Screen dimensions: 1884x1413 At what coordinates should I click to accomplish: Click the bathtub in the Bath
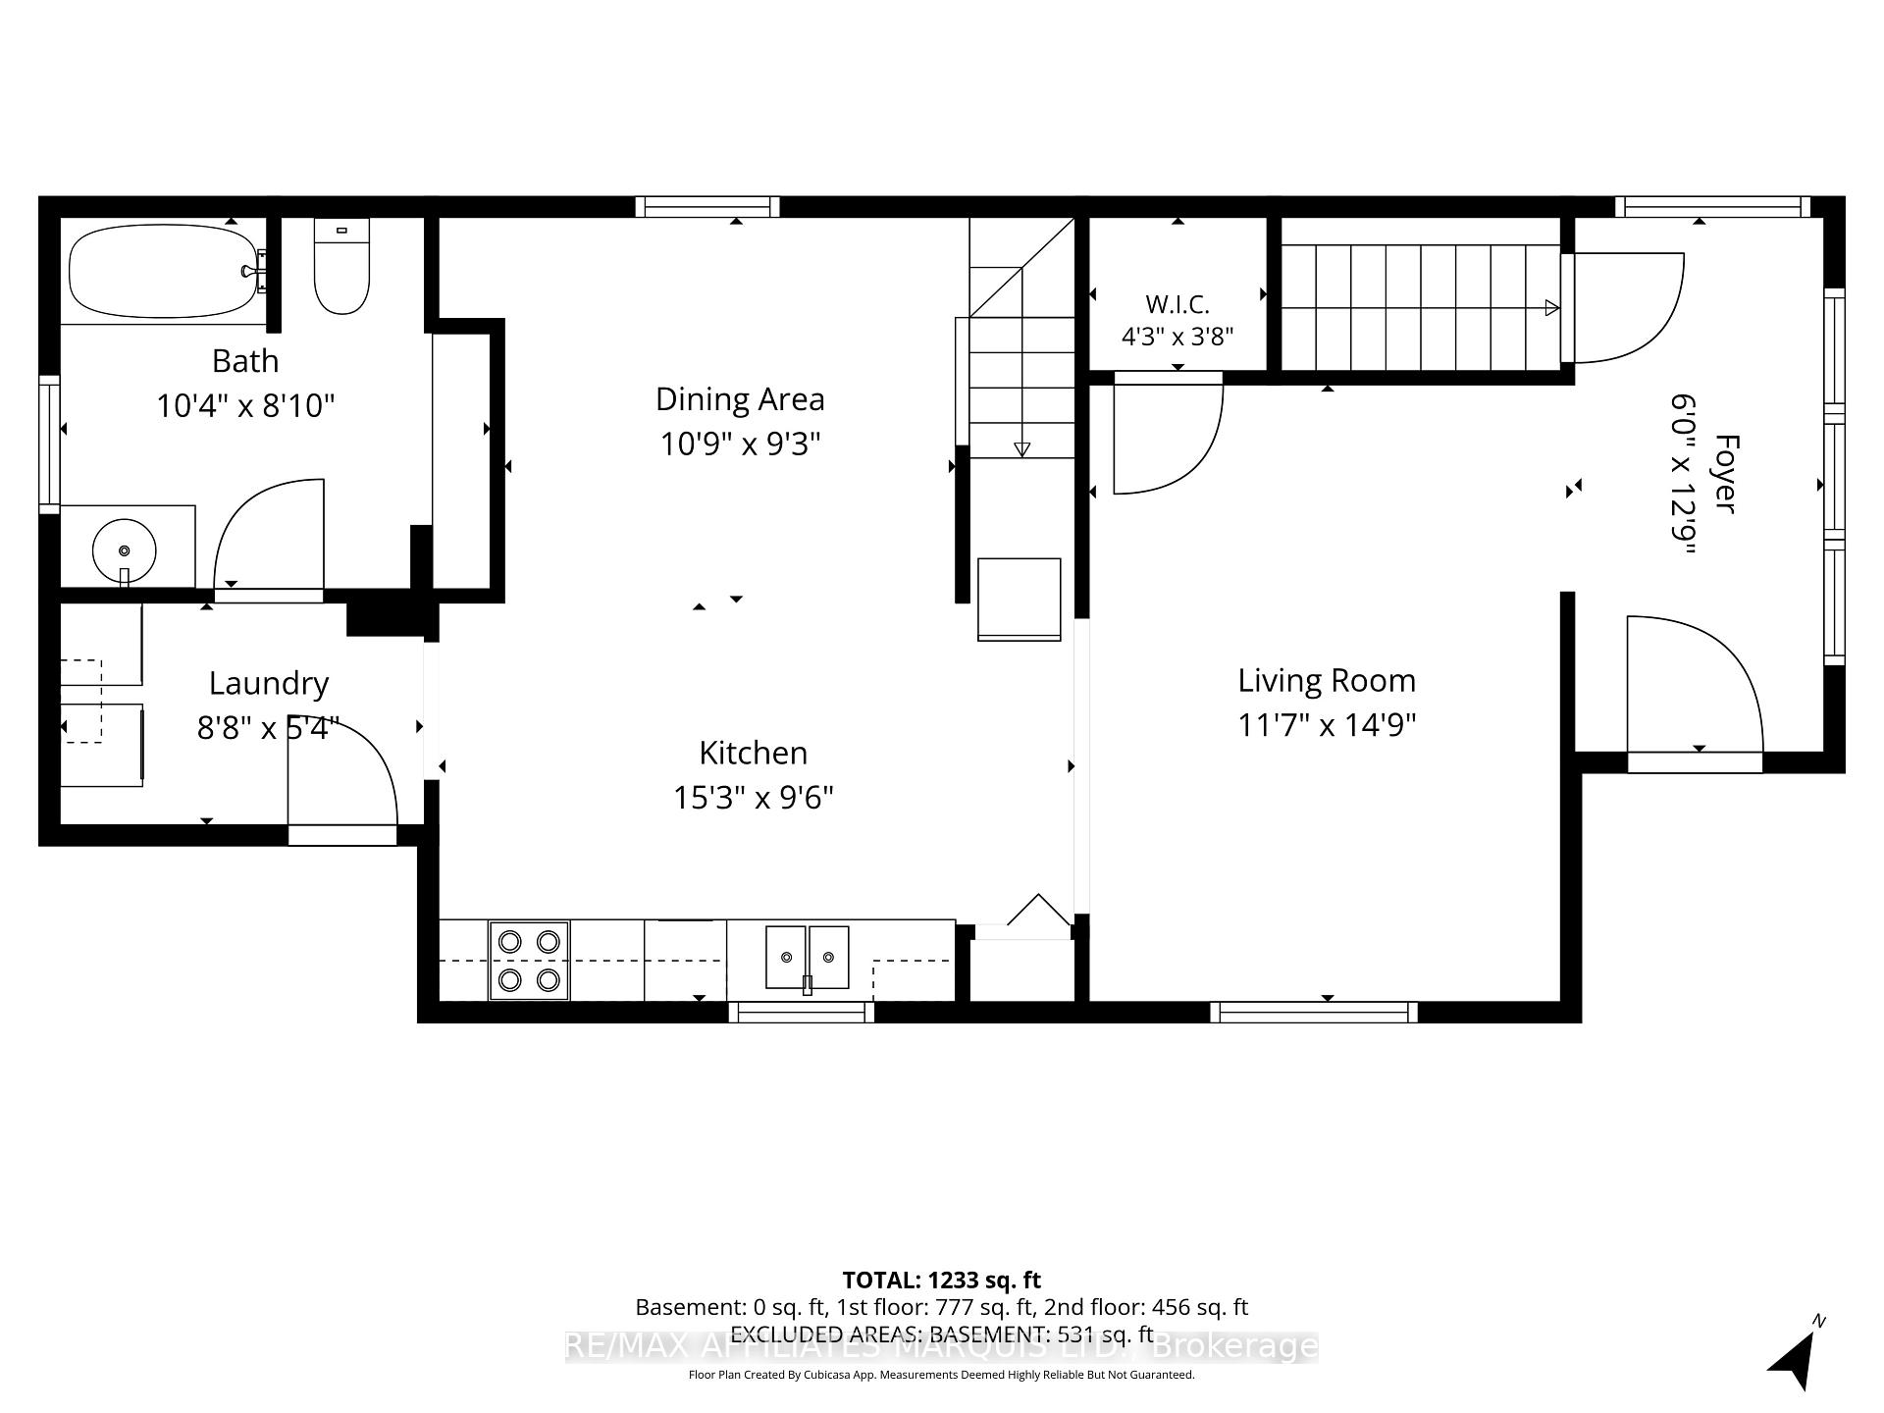[x=163, y=271]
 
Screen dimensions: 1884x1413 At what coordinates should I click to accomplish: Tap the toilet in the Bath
[x=341, y=266]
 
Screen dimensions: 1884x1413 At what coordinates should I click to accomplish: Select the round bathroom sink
[x=124, y=550]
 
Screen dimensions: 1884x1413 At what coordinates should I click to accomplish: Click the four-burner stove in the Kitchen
[x=529, y=961]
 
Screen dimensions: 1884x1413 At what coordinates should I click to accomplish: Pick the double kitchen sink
[x=807, y=957]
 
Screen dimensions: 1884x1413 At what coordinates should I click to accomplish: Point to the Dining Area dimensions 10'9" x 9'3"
[x=740, y=444]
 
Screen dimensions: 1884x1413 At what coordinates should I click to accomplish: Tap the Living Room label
[x=1327, y=680]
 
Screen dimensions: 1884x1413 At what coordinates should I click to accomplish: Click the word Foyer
[x=1726, y=473]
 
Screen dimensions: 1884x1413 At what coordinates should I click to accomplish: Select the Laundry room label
[x=269, y=684]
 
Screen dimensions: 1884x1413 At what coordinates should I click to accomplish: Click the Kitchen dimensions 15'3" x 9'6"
[x=753, y=798]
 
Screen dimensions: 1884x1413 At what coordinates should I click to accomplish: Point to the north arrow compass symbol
[x=1796, y=1355]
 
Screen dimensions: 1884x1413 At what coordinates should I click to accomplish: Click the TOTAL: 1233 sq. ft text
[x=941, y=1280]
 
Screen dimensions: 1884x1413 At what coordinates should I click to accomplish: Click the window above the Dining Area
[x=706, y=206]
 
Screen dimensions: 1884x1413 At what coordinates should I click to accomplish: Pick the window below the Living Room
[x=1313, y=1012]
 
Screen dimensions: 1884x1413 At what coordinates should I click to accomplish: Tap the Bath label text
[x=245, y=361]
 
